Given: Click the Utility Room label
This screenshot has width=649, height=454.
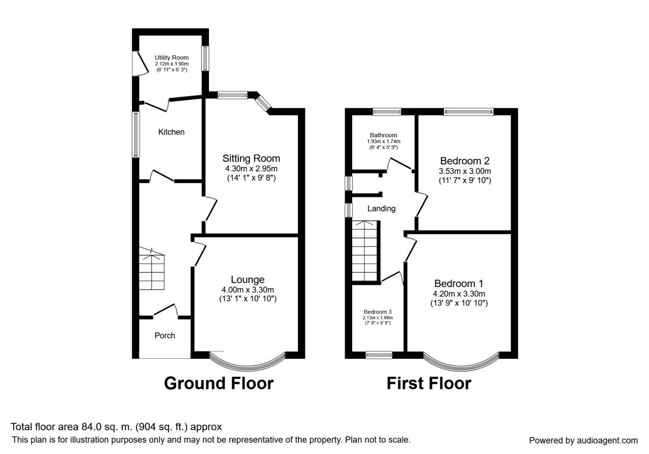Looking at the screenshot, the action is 171,58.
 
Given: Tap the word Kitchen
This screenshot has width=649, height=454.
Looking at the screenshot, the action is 171,132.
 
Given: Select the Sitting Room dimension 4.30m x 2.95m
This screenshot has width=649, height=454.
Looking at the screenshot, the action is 251,169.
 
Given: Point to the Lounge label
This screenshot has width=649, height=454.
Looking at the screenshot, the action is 248,279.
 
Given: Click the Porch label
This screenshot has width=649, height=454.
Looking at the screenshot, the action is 165,336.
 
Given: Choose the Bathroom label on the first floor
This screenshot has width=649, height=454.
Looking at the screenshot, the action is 383,135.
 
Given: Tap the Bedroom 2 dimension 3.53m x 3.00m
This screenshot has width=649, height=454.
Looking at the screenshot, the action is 465,171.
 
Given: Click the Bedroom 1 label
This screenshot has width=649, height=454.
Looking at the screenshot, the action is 459,283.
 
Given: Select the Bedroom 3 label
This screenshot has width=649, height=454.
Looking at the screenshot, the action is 378,312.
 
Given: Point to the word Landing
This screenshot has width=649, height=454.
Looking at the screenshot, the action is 381,209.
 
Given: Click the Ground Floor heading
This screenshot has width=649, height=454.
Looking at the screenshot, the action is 218,383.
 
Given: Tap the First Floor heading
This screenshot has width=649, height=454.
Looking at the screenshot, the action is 429,383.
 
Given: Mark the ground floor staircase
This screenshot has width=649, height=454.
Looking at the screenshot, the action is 151,269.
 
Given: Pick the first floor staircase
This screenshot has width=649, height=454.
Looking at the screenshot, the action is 365,251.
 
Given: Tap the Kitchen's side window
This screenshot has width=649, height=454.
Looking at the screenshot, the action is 136,135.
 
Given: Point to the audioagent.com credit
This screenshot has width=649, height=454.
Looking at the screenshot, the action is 607,440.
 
